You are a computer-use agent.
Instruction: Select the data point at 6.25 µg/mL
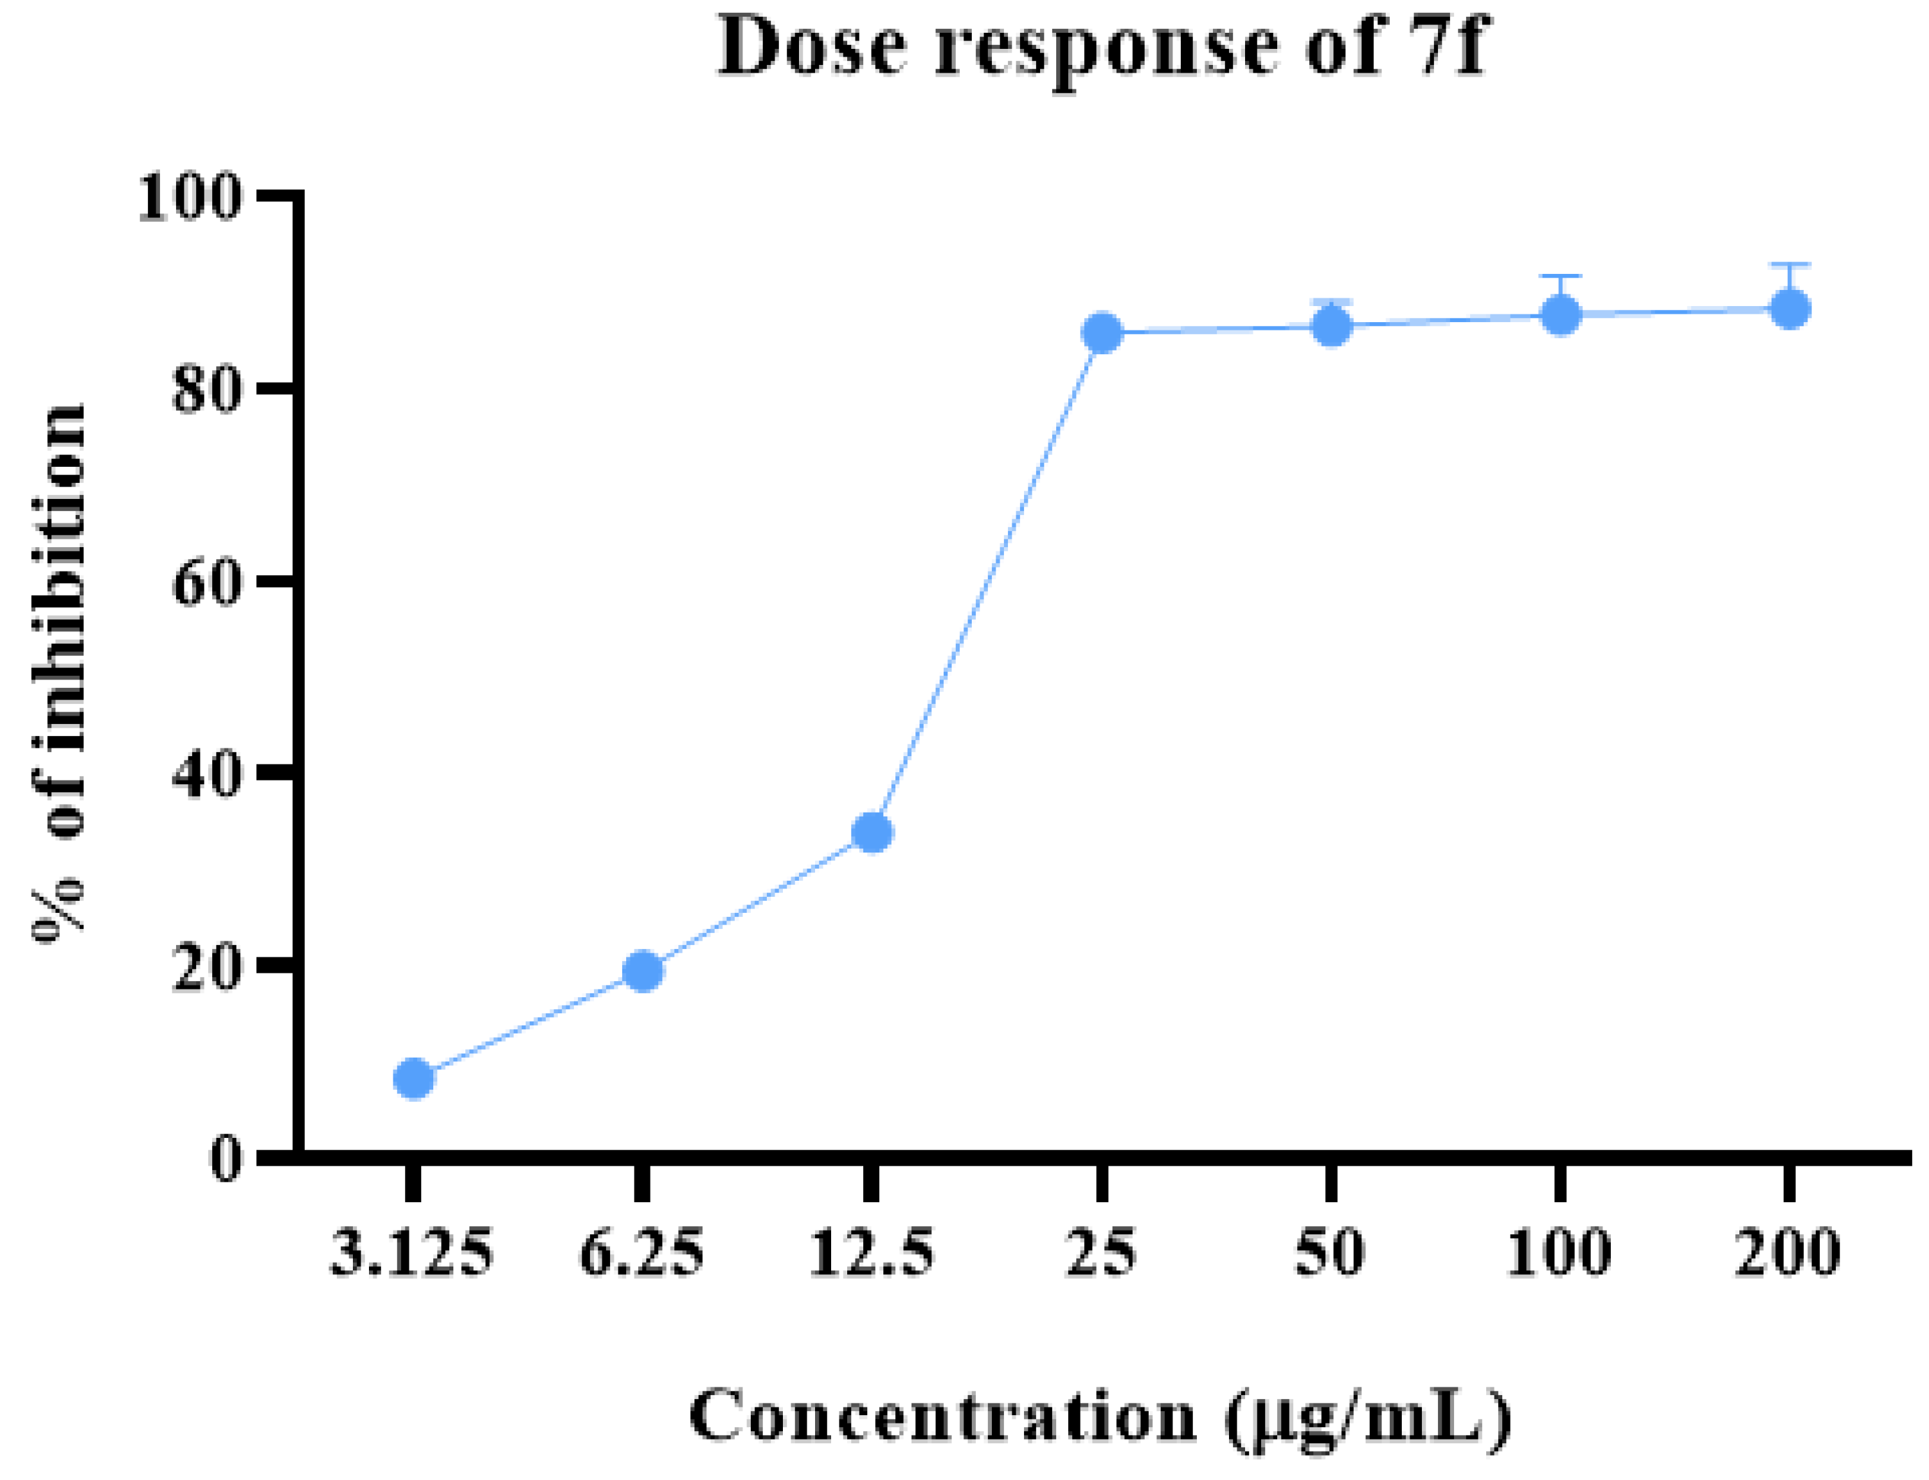click(643, 971)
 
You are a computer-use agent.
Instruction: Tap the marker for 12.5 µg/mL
click(873, 833)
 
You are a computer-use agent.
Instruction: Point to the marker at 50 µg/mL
click(1332, 327)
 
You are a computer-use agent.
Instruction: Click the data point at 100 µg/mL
click(1561, 314)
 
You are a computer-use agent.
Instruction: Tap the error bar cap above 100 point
click(1561, 276)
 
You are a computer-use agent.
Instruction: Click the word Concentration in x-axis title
click(942, 1416)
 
